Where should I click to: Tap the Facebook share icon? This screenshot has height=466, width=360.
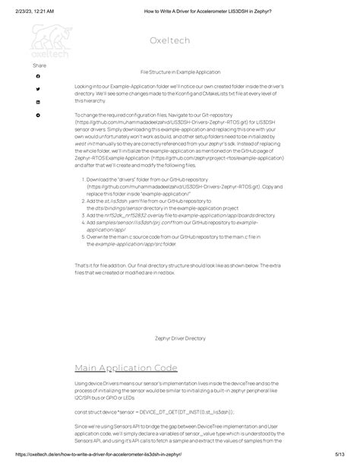click(x=38, y=76)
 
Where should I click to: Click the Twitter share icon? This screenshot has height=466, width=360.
click(x=38, y=89)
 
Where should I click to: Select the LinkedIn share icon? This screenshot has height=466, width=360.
click(x=38, y=102)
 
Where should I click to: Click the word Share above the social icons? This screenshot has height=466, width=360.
click(x=39, y=66)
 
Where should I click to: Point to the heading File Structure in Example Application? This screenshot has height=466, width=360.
click(x=180, y=71)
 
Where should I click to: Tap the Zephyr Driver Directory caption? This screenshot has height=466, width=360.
click(x=180, y=338)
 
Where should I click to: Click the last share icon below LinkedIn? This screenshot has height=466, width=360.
click(x=38, y=115)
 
